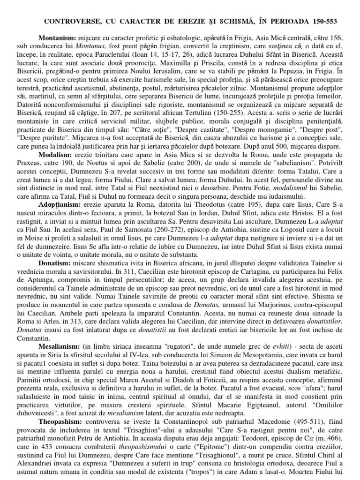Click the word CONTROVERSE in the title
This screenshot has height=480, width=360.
pos(71,22)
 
